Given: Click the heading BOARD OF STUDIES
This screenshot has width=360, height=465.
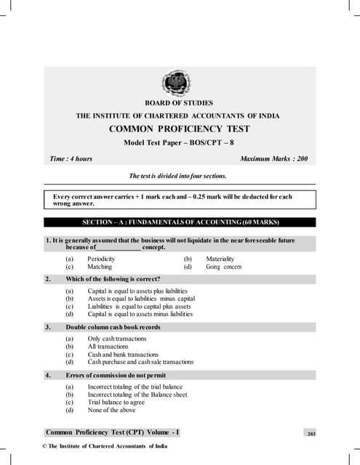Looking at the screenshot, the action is [x=180, y=104].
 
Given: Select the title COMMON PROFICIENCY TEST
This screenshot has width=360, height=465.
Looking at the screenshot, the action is [x=180, y=129].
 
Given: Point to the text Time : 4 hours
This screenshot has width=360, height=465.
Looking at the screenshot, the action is [x=70, y=158].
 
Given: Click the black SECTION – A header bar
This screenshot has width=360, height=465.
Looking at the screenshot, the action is [x=180, y=222].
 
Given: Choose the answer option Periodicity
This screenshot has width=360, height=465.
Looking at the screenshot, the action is [x=101, y=259].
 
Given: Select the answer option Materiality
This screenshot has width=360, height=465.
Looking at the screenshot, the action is [x=220, y=259].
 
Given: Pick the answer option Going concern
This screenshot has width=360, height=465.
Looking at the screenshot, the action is [x=223, y=267].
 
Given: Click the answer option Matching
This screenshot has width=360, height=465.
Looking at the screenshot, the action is [x=100, y=267].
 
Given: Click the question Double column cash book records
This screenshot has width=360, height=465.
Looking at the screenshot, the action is [x=113, y=327].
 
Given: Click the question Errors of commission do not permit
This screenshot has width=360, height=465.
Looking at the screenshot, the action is [x=115, y=375].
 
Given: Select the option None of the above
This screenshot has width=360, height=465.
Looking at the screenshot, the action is [x=111, y=409].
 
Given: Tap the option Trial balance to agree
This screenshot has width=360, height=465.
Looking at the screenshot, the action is [x=116, y=402].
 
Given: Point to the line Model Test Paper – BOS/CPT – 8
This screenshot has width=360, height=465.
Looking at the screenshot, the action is [x=180, y=142].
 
